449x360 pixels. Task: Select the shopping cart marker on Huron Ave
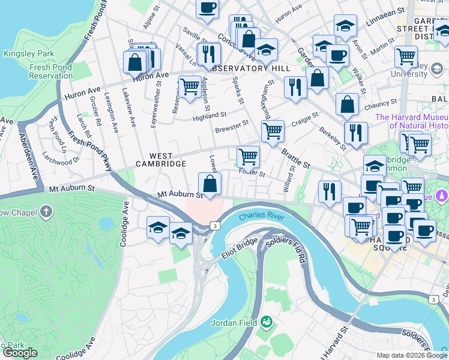coord(190,86)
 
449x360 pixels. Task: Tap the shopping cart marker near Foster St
coord(248,157)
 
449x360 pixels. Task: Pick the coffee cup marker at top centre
coord(207,8)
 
